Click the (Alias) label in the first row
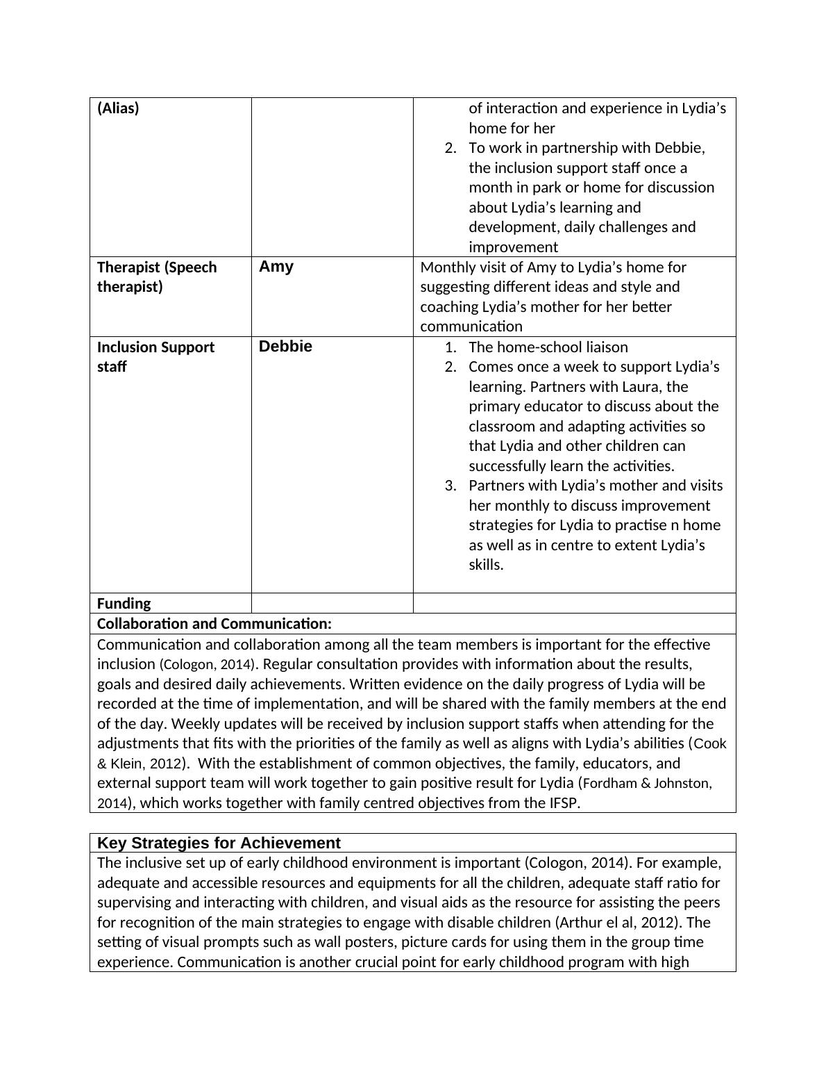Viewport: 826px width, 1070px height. pos(118,108)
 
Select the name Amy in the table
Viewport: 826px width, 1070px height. pos(276,267)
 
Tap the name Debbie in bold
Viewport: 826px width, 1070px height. pos(285,347)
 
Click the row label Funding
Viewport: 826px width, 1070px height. pos(124,603)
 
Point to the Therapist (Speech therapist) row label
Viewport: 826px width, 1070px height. pos(157,277)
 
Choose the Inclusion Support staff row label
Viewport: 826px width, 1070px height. pos(155,356)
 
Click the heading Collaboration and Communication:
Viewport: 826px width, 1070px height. pos(214,624)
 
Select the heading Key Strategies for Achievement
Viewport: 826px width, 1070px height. pos(219,843)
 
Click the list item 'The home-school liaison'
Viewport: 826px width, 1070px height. pos(548,347)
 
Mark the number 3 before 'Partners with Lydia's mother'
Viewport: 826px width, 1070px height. pos(450,486)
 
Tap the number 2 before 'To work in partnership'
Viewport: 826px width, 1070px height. pos(450,148)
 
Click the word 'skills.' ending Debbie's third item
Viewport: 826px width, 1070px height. pos(486,565)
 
